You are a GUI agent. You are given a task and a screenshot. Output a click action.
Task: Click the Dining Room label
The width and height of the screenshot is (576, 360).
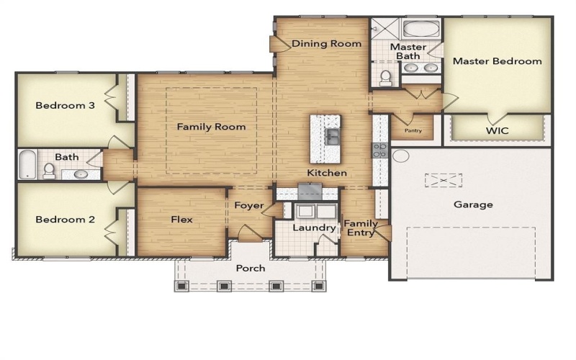coord(326,44)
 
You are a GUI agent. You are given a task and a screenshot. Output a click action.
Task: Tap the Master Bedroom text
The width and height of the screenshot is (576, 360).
coord(497,61)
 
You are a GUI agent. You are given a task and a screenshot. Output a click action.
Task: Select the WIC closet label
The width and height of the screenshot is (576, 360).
coord(497,131)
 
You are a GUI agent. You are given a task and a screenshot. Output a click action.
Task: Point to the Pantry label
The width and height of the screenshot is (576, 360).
coord(413,131)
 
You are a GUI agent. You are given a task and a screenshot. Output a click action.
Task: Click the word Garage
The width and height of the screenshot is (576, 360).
coord(473,204)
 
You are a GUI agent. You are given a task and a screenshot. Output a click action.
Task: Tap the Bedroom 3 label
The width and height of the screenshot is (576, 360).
coord(66,105)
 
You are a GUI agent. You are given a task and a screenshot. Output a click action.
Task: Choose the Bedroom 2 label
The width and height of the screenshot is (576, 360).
coord(66,220)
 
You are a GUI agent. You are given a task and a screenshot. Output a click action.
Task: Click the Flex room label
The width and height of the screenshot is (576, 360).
coord(181,220)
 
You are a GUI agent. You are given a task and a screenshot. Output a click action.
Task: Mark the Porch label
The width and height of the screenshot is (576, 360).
coord(251,268)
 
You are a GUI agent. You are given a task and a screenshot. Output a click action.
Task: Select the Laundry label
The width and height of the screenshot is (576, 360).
coord(314,228)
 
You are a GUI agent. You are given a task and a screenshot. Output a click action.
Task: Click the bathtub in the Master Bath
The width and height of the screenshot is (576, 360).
coord(422,30)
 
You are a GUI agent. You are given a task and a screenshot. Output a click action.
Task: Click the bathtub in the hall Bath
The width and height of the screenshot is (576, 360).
coord(26,164)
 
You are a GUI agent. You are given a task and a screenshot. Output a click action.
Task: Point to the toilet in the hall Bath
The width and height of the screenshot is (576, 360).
coord(49,170)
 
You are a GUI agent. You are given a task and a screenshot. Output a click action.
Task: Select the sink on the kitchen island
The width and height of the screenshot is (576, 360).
coord(333,136)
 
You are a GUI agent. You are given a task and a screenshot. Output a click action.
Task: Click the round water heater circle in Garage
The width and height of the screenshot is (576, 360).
coord(401,156)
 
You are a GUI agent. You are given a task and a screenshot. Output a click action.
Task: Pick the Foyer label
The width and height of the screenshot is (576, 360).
coord(248,205)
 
